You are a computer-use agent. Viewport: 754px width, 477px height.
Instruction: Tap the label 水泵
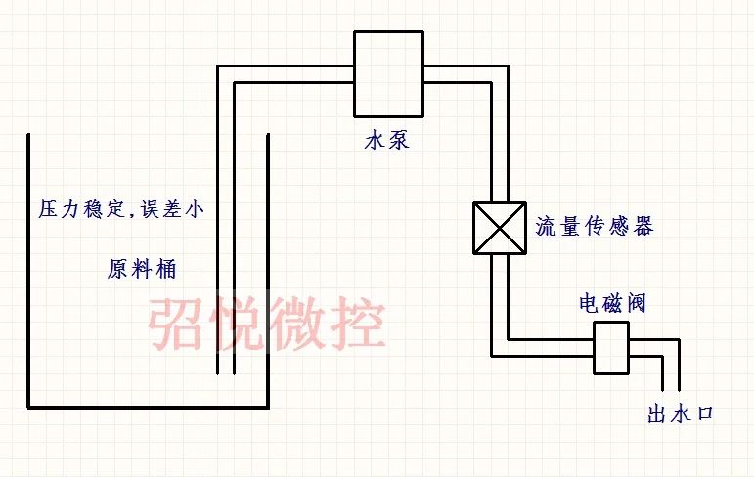(386, 141)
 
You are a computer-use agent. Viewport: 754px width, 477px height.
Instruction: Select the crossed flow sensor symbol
(499, 229)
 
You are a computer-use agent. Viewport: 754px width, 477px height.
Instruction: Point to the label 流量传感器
(594, 228)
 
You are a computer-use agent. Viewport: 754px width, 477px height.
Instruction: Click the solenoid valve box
(610, 348)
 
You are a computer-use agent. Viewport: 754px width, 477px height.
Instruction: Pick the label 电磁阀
(612, 303)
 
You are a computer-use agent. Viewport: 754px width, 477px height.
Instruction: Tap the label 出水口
(681, 415)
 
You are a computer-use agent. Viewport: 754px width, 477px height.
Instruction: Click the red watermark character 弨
(177, 325)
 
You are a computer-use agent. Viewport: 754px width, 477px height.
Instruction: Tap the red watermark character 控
(356, 325)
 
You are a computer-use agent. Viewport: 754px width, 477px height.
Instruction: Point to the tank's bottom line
(147, 407)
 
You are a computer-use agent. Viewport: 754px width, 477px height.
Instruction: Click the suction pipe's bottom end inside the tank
(226, 372)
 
